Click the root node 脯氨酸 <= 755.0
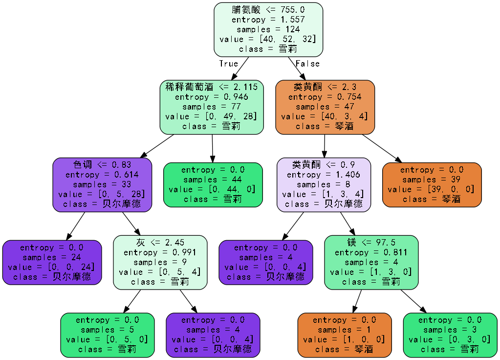[268, 29]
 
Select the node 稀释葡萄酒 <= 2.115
[211, 107]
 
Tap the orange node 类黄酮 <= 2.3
[325, 107]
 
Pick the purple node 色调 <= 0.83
[102, 184]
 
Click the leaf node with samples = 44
[212, 184]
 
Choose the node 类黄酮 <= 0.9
[324, 184]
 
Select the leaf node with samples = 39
[431, 184]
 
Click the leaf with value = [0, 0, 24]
[52, 262]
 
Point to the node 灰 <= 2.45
[160, 262]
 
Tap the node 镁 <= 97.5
[371, 262]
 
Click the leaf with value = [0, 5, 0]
[107, 335]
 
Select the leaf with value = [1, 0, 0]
[344, 335]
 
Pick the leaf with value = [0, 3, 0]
[450, 335]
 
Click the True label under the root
[228, 64]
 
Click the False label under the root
[307, 64]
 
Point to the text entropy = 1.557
[268, 20]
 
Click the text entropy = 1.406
[324, 175]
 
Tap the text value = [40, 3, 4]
[325, 116]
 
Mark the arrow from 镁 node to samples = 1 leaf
[358, 301]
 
